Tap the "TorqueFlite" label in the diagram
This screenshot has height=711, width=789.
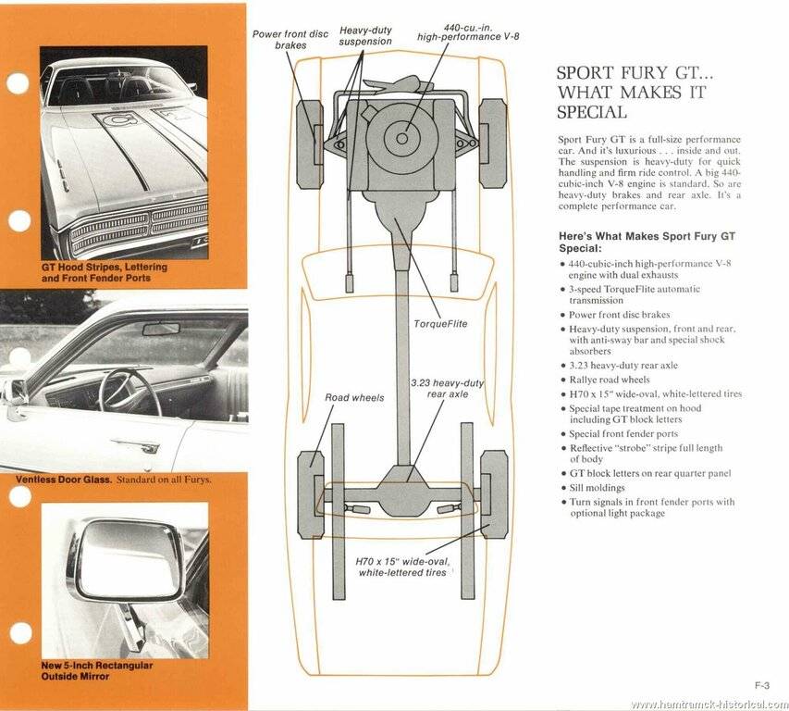tap(440, 323)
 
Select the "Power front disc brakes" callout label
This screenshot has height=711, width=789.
tap(290, 39)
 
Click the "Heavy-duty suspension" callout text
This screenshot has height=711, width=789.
tap(365, 36)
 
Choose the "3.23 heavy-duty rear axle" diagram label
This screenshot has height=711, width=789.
tap(449, 390)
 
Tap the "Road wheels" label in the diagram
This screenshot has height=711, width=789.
tap(354, 397)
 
